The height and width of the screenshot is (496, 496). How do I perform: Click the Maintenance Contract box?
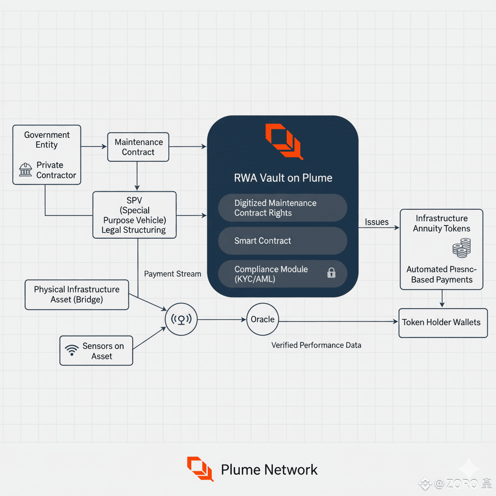(x=138, y=147)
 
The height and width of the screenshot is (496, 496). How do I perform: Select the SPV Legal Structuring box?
(x=134, y=215)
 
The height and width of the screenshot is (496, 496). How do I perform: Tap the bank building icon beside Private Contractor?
(x=25, y=170)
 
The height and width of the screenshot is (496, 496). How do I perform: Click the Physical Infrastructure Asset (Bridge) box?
(x=77, y=294)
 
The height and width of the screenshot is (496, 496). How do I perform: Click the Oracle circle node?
(x=263, y=320)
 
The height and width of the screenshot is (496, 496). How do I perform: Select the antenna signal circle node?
(x=181, y=320)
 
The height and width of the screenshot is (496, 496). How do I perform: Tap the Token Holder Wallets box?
(x=442, y=323)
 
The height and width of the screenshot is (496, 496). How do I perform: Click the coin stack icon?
(x=461, y=248)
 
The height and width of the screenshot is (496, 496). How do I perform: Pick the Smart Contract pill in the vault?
(x=282, y=241)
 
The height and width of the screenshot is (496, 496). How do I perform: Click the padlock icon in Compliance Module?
(x=331, y=273)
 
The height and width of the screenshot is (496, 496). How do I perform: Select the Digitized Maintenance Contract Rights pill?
(x=282, y=208)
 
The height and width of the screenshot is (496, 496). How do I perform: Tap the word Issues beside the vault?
(x=376, y=222)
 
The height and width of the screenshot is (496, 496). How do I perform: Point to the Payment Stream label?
(x=172, y=274)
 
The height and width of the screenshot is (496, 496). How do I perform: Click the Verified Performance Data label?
(x=316, y=345)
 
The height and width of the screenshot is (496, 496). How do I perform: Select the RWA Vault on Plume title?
(x=283, y=178)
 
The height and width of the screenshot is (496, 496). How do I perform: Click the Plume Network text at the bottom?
(x=269, y=469)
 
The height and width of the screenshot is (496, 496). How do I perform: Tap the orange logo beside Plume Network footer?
(x=200, y=469)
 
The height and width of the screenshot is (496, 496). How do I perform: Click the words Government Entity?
(x=46, y=139)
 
